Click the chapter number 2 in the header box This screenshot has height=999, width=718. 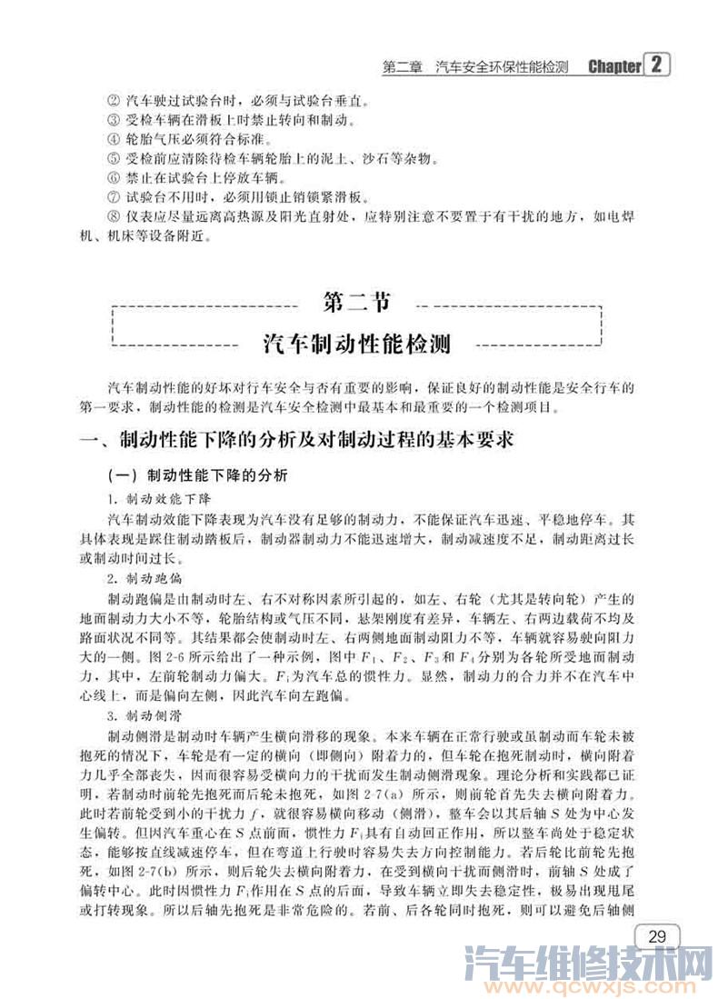[657, 65]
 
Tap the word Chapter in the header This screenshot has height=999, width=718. [614, 67]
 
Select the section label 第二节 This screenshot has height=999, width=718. [357, 301]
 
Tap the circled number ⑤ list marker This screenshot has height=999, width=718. [113, 160]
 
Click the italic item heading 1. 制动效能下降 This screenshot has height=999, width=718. [159, 499]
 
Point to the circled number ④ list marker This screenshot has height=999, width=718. [113, 140]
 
